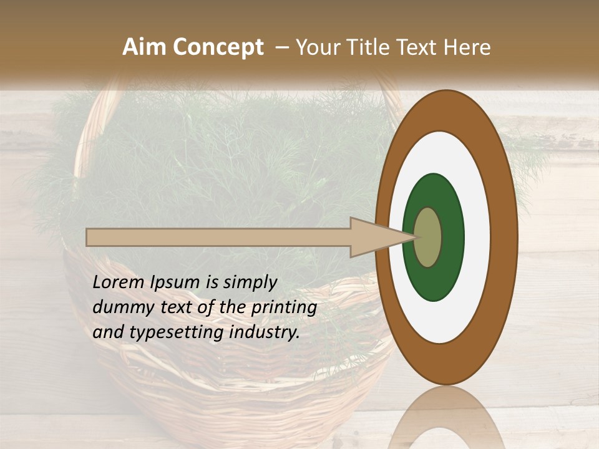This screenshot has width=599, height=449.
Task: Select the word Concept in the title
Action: pyautogui.click(x=217, y=47)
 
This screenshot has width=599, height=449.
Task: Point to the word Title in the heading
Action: pyautogui.click(x=371, y=47)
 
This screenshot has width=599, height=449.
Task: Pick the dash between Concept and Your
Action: pyautogui.click(x=281, y=48)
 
